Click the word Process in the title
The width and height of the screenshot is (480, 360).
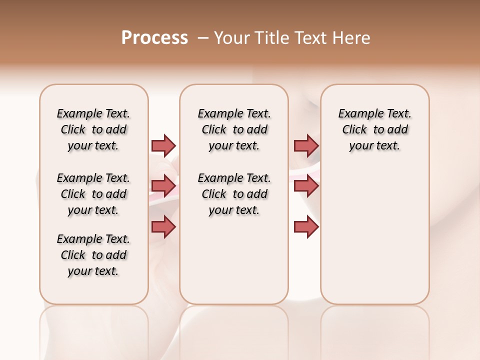154,38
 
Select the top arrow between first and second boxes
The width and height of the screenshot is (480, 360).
163,145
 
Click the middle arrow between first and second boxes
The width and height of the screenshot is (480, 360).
163,186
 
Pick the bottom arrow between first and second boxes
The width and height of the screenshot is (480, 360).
163,226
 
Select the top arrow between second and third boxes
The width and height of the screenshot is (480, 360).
306,145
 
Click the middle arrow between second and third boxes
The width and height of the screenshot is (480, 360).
306,186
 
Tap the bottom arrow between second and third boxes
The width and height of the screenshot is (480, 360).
306,226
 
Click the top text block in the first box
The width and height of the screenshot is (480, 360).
93,129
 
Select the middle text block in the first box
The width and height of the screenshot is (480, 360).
93,194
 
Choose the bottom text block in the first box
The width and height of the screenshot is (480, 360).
93,255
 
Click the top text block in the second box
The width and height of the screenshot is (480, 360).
234,129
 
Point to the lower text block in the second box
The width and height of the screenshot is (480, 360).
234,194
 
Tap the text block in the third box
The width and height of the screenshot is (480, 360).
374,129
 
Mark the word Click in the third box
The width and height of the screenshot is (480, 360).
354,130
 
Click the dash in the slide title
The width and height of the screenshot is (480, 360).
203,38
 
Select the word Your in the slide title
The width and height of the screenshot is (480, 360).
229,38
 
